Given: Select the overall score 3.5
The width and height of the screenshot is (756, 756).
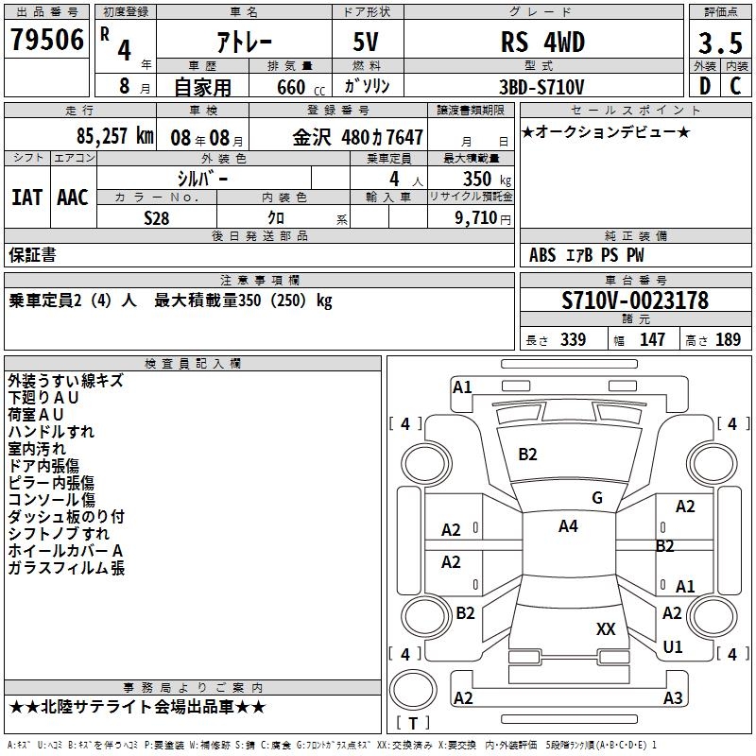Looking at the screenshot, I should (x=720, y=43).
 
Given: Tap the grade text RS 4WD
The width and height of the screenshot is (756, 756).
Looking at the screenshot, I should (x=542, y=43).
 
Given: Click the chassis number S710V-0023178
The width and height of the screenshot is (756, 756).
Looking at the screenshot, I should (x=635, y=301).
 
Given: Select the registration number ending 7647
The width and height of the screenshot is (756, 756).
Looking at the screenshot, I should (x=358, y=136).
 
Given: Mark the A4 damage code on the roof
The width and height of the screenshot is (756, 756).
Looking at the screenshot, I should (x=568, y=526).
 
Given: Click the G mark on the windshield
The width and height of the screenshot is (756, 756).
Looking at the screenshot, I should (x=596, y=498).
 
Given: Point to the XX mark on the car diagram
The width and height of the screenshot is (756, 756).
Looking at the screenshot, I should (x=606, y=628).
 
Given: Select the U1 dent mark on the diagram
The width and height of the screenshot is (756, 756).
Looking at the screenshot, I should (x=673, y=647).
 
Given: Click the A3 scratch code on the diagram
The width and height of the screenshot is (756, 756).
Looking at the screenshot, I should (x=673, y=698).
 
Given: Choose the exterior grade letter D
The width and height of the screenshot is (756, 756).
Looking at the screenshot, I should (x=704, y=85).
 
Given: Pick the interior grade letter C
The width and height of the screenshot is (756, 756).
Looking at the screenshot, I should (x=735, y=85).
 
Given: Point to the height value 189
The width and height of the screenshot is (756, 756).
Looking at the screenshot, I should (x=729, y=340).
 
